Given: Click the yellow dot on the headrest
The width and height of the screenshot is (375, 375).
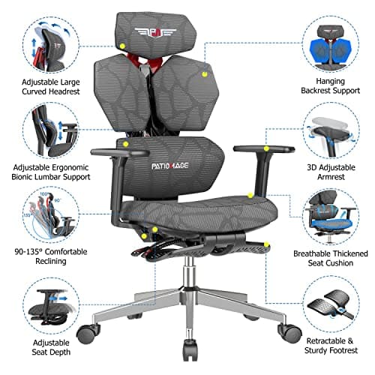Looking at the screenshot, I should (x=122, y=45).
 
